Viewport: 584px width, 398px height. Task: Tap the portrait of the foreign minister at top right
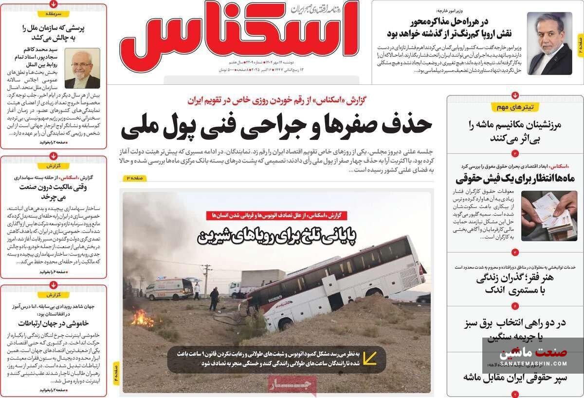click(549, 43)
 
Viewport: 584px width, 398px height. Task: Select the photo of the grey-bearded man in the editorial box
click(82, 68)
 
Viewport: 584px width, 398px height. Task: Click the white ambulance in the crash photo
click(169, 288)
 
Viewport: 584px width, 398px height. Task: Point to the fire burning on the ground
click(142, 319)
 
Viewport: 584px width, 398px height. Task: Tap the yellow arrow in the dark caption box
click(369, 358)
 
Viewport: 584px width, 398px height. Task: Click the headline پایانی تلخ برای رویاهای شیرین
click(276, 236)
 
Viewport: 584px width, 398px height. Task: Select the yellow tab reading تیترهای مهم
click(515, 107)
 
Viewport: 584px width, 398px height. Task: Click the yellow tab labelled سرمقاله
click(54, 14)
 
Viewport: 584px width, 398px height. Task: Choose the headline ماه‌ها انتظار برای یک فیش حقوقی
click(515, 178)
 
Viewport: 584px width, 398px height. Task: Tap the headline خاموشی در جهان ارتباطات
click(54, 323)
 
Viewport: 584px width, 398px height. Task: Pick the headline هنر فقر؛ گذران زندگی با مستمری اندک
click(515, 284)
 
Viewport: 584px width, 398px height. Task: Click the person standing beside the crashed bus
click(214, 299)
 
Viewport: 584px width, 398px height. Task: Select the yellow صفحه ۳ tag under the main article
click(134, 178)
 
